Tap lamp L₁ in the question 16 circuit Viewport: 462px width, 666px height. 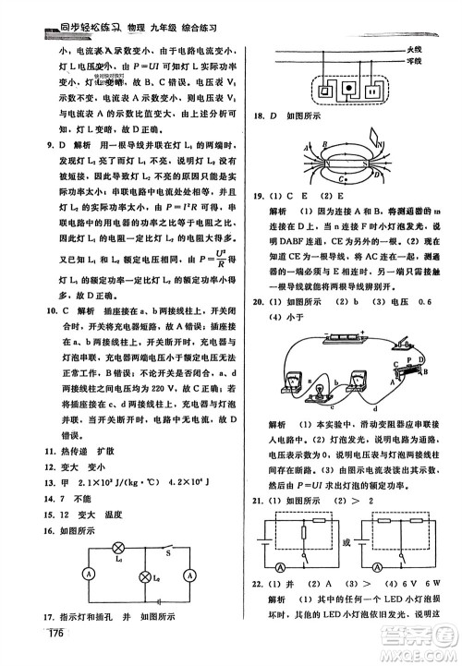[x=115, y=547]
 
